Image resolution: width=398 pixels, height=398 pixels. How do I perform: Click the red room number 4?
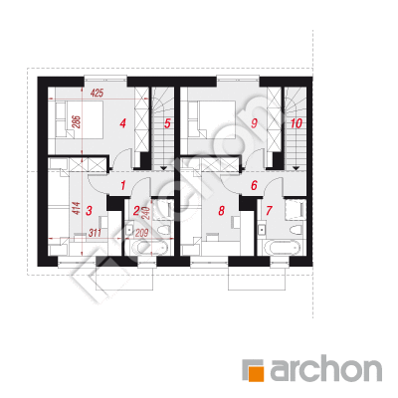[x=123, y=123]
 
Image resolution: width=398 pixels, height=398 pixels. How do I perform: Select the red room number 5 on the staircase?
[x=167, y=123]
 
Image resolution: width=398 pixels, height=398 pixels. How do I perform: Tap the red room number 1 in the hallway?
[x=123, y=185]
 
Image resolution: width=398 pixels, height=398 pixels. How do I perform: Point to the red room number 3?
[x=89, y=210]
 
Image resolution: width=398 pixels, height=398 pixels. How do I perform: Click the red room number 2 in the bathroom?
[x=136, y=210]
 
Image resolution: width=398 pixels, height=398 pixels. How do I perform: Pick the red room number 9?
[x=254, y=123]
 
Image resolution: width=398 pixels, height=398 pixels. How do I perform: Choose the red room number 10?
[x=297, y=123]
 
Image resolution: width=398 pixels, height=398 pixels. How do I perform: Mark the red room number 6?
[x=254, y=185]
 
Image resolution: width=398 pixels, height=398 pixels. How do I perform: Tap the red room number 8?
[x=222, y=210]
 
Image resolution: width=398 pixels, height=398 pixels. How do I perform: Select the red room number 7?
[x=269, y=210]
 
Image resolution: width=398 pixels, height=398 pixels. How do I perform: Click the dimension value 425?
[x=97, y=94]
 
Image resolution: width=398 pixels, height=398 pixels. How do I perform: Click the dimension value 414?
[x=77, y=209]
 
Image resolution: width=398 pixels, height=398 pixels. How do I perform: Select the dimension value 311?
[x=95, y=233]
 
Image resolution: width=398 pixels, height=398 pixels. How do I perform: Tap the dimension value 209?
[x=141, y=233]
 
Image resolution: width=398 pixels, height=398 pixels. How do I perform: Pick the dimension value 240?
[x=145, y=212]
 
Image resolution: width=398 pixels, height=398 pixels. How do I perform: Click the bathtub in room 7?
[x=281, y=248]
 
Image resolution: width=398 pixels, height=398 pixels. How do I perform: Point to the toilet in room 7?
[x=296, y=230]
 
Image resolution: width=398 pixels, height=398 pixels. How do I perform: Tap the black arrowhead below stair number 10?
[x=297, y=169]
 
